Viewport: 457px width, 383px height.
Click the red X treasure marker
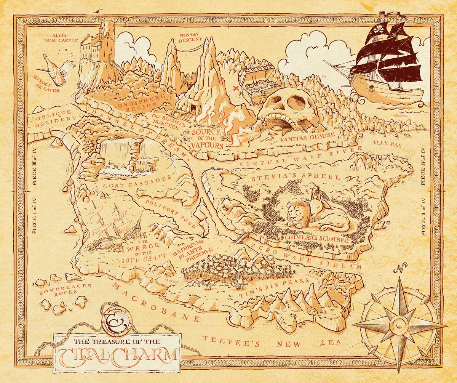point(236,89)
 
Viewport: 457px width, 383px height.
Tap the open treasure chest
point(257,85)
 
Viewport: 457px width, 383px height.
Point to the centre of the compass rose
point(399,325)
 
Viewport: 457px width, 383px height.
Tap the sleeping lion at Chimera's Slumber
point(299,215)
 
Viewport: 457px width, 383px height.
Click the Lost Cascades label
point(137,182)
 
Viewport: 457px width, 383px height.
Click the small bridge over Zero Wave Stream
point(240,238)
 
